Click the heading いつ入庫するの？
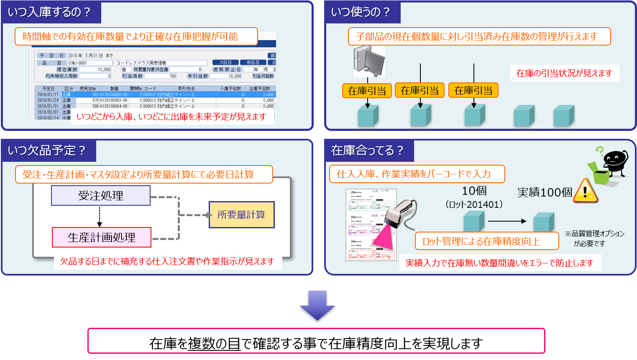49,12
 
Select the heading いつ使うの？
361,12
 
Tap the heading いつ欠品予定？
47,151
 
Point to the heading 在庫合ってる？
367,151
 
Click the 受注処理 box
100,196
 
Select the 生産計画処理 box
102,237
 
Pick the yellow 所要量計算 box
241,215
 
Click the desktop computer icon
368,61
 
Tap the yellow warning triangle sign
585,191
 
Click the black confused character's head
615,158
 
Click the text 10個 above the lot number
474,191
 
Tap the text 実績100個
545,192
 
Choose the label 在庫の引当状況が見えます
564,74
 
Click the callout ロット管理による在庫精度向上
486,241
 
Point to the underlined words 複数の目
214,344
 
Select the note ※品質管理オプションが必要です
594,238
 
